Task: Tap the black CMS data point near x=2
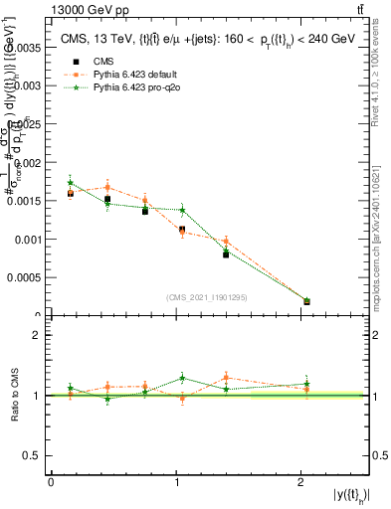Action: pyautogui.click(x=306, y=301)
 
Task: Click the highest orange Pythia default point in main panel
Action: pyautogui.click(x=107, y=187)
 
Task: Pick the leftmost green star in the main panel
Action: pyautogui.click(x=70, y=182)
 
